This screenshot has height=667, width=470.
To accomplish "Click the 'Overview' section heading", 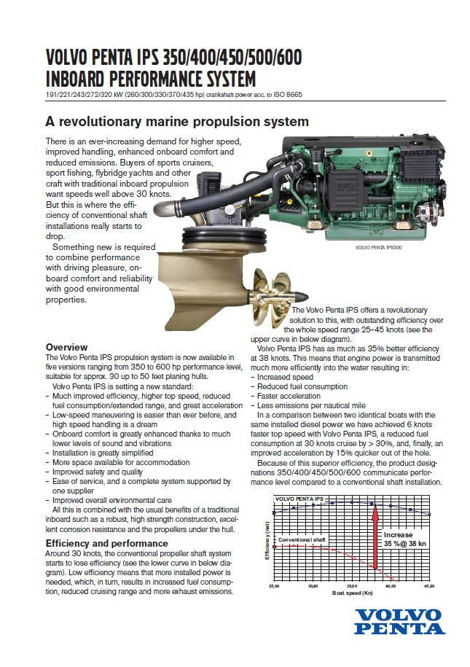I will coord(66,347).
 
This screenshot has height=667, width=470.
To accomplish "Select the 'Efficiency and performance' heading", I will coord(106,543).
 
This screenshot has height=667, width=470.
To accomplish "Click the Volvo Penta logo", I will coord(401,621).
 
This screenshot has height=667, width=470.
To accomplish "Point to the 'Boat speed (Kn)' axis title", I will coord(353,594).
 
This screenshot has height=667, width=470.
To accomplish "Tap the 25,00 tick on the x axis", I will coord(275,585).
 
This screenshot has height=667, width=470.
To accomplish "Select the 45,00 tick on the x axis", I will coord(428,585).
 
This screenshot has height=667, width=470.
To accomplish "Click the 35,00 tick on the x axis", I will coord(352,585).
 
